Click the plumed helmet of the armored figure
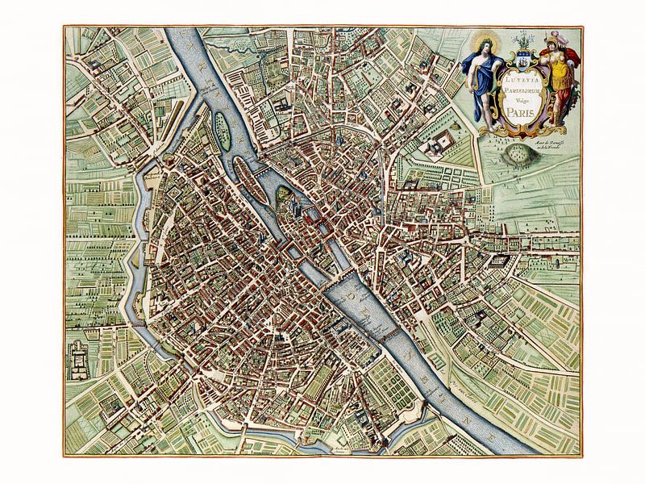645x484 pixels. coord(556,37)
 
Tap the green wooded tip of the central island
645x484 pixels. coord(284,194)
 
